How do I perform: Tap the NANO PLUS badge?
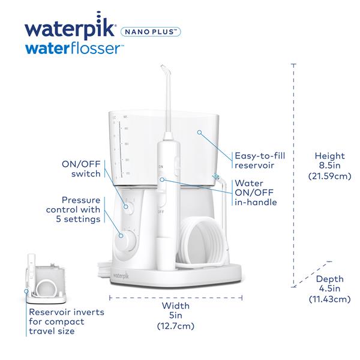(x=152, y=31)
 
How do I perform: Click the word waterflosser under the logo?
(x=76, y=49)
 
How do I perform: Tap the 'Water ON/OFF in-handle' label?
(x=256, y=193)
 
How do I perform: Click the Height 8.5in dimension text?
(x=329, y=166)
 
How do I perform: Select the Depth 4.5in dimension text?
(x=329, y=289)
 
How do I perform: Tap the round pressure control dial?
(x=128, y=243)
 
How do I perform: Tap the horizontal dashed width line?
(x=176, y=296)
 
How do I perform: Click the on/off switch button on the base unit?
(x=127, y=206)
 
